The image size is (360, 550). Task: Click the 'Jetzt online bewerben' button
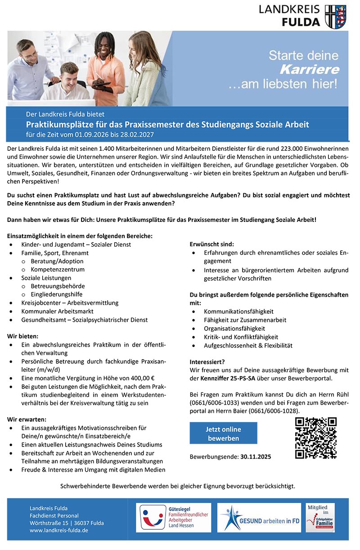click(x=223, y=433)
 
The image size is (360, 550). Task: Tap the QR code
click(x=315, y=438)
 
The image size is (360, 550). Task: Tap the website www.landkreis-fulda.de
click(x=59, y=530)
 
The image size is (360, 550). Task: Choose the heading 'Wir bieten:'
click(x=23, y=336)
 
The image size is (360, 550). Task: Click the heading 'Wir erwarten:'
click(x=27, y=419)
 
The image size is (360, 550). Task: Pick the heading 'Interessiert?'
click(x=207, y=361)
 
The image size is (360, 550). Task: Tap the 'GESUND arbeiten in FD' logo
click(x=259, y=518)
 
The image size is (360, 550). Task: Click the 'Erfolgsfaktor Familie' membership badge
click(x=320, y=518)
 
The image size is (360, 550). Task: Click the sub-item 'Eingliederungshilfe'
click(x=57, y=294)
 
